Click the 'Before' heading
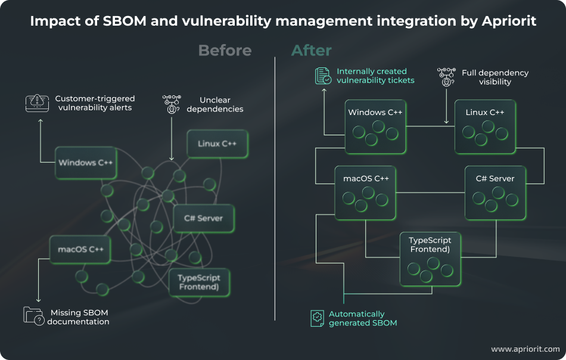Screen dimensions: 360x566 coord(225,50)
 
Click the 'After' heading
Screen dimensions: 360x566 coord(311,50)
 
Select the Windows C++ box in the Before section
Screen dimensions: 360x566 coord(86,163)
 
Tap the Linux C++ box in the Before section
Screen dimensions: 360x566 coord(217,144)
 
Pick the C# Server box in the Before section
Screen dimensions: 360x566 coord(203,218)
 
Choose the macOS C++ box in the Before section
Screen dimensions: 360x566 coord(80,249)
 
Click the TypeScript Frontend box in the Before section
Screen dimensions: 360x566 coord(199,283)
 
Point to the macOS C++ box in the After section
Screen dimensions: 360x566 coord(365,192)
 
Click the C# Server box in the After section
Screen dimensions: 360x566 coord(495,192)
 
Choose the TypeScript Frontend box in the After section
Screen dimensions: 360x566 coord(430,257)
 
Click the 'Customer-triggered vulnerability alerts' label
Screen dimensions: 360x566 coord(95,103)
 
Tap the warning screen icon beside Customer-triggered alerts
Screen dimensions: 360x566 coord(36,103)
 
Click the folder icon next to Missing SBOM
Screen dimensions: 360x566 coord(34,316)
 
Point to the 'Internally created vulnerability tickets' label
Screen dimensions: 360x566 coord(375,76)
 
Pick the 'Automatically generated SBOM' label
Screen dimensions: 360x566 coord(362,318)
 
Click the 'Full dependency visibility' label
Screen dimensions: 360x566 coord(495,77)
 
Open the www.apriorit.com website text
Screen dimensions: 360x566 coord(525,349)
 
